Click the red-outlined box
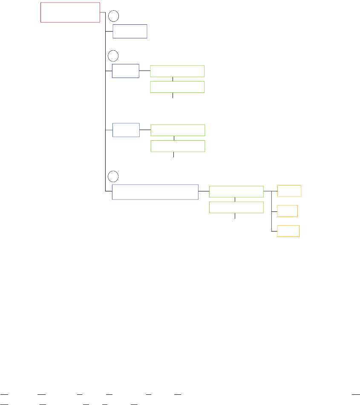pos(70,12)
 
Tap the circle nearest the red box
pos(113,16)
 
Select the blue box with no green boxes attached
pos(130,32)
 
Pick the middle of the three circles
pos(113,55)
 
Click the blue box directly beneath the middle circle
pos(125,71)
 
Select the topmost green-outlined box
pos(178,71)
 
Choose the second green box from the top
pos(178,87)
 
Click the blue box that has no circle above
pos(126,130)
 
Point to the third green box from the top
pos(178,130)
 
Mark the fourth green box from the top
pos(178,146)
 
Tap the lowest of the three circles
pos(113,176)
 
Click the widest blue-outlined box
pos(155,192)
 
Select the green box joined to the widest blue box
pos(236,192)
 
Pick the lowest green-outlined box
pos(236,208)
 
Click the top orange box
pos(289,191)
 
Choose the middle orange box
pos(287,211)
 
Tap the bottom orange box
pos(288,231)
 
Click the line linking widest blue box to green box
pos(204,192)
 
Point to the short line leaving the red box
pos(102,12)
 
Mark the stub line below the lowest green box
pos(236,216)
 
